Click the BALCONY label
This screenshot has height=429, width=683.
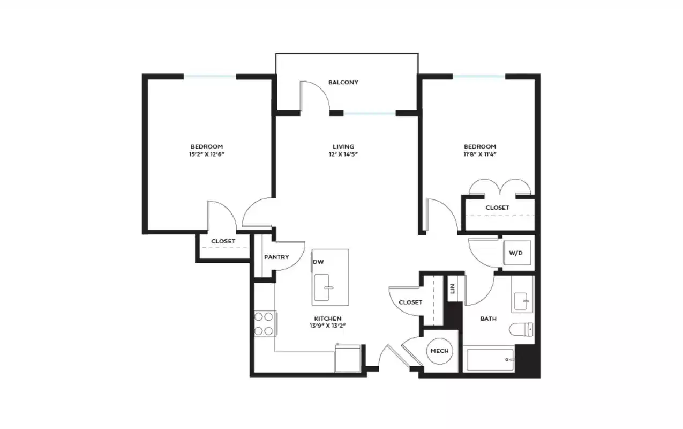(343, 83)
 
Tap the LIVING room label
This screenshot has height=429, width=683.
(343, 146)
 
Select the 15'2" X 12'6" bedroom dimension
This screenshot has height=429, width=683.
(207, 154)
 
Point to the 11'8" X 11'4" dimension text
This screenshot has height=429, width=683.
(479, 154)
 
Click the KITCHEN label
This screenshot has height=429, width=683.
(328, 319)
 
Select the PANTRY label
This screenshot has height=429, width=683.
(276, 257)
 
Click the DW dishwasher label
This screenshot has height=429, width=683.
(319, 262)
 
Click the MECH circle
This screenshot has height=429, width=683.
(439, 351)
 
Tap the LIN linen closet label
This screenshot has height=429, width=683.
(453, 289)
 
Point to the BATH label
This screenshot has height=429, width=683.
(488, 319)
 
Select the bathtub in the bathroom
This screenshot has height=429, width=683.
(490, 360)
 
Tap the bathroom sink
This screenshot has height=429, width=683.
(521, 301)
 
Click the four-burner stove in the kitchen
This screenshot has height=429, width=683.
(264, 323)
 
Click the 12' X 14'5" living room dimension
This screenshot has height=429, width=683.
(343, 154)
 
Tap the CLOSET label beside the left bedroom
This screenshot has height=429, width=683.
(223, 241)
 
